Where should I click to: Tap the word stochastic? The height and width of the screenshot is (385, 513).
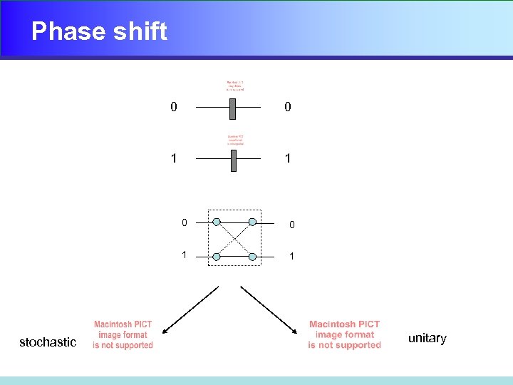coord(48,342)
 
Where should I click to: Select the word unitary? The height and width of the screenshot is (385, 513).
coord(427,338)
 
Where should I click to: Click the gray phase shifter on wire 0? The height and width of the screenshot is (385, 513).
coord(232,108)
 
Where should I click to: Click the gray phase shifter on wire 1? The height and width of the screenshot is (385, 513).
coord(233,160)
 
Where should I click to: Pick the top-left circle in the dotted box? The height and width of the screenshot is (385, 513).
coord(217,222)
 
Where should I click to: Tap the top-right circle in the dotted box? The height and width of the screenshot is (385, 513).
coord(253,222)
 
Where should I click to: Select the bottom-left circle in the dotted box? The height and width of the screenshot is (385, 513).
coord(217,256)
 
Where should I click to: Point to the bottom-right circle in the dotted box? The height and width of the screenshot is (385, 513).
coord(253,256)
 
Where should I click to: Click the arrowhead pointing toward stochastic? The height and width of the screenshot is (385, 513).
coord(165,331)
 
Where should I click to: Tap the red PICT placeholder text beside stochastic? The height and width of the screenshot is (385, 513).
coord(123,335)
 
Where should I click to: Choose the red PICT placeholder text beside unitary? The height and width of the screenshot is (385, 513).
coord(344,335)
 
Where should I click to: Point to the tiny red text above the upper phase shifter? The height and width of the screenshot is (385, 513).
coord(235,85)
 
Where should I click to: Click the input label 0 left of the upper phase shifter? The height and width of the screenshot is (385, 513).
coord(174,107)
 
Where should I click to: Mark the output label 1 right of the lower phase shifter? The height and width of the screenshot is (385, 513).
coord(287,158)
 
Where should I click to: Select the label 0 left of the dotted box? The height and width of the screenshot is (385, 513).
coord(184,223)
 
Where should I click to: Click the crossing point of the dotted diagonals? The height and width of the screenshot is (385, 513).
coord(235,239)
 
